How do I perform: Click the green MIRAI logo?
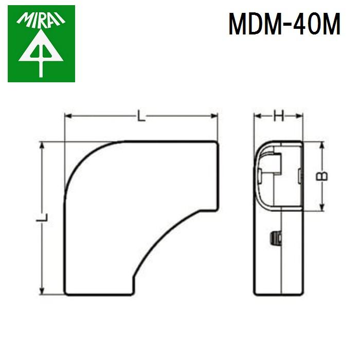pyautogui.click(x=41, y=43)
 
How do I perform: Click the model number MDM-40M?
pyautogui.click(x=284, y=24)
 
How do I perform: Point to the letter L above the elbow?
pyautogui.click(x=141, y=117)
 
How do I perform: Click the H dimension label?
pyautogui.click(x=278, y=117)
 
